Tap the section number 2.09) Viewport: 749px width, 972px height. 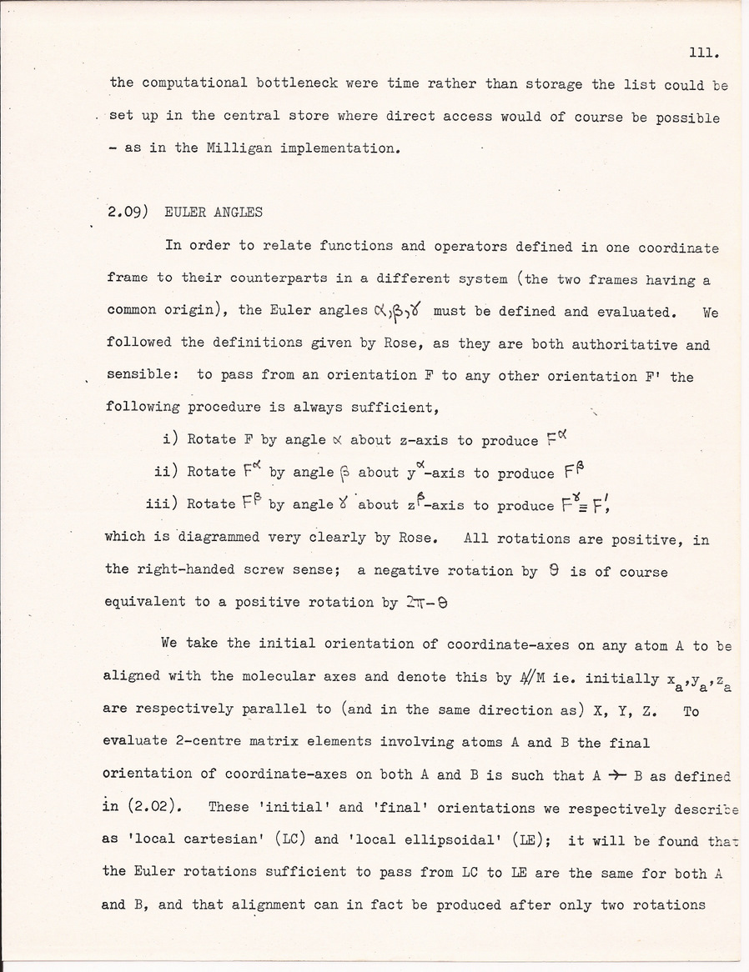click(128, 212)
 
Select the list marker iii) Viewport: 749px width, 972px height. click(162, 504)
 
